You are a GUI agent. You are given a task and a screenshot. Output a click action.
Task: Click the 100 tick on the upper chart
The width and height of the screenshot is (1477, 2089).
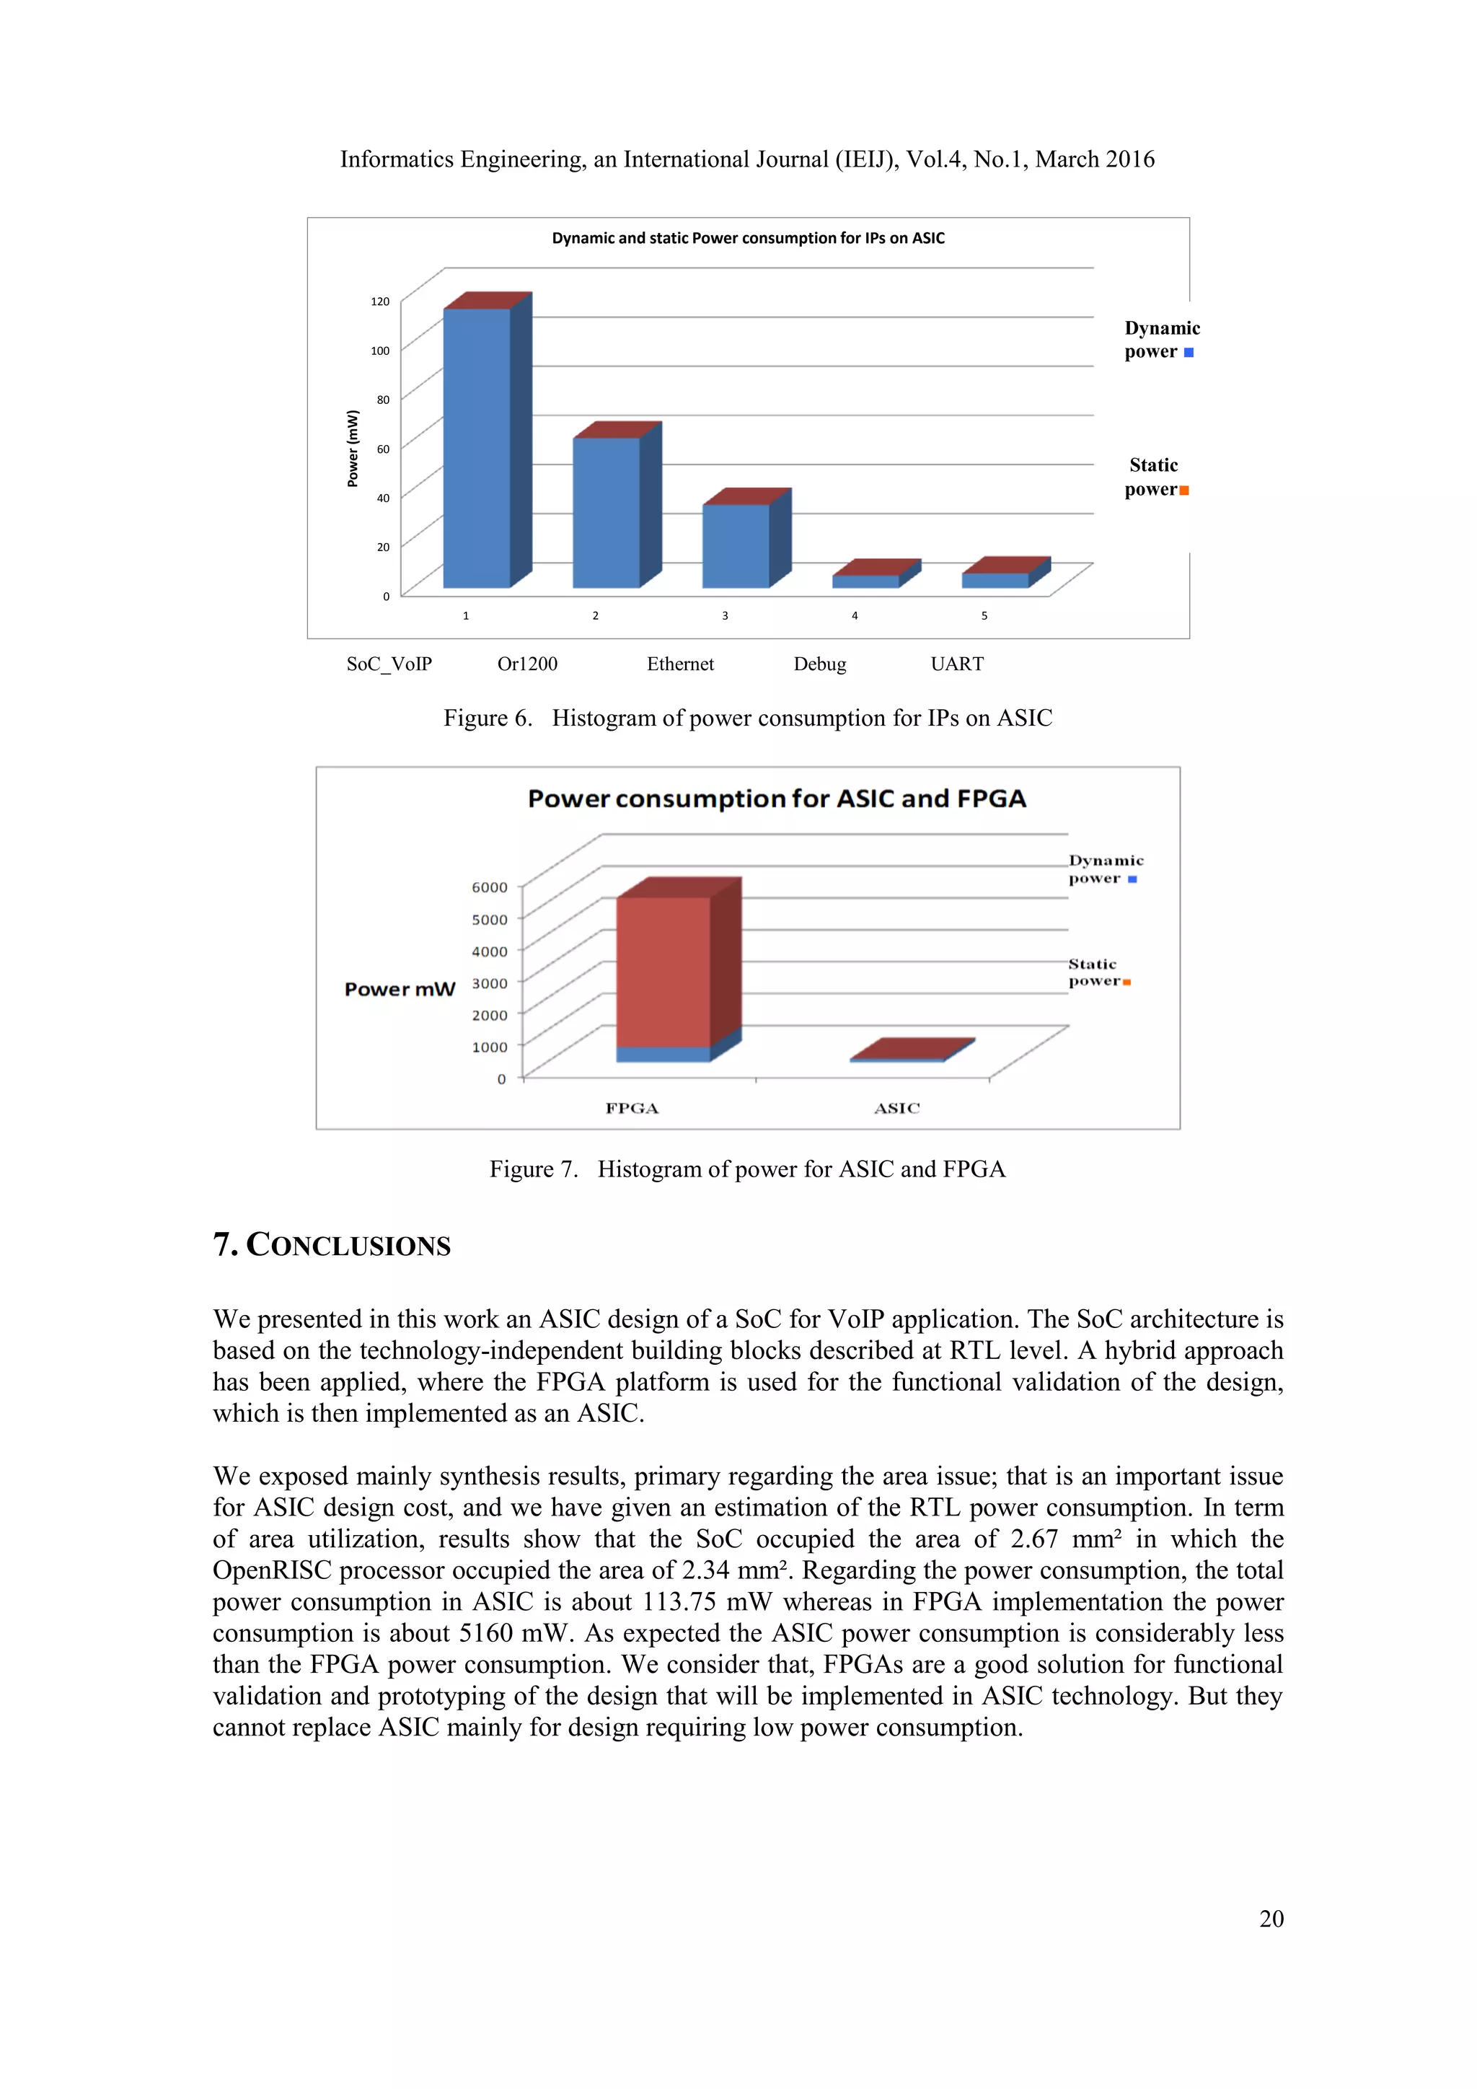tap(380, 351)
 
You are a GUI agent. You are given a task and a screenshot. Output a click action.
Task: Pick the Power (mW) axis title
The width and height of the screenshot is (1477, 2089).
tap(353, 449)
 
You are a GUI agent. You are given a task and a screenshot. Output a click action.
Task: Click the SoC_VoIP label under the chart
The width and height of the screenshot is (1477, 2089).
tap(389, 664)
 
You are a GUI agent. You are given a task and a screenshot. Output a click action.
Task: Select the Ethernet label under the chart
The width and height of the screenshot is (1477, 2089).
tap(680, 664)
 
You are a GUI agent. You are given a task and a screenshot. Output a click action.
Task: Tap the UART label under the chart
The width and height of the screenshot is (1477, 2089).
tap(957, 664)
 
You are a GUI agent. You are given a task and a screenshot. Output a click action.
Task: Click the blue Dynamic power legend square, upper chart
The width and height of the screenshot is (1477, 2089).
tap(1189, 353)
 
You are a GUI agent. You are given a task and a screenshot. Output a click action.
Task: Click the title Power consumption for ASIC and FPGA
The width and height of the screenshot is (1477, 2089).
tap(777, 799)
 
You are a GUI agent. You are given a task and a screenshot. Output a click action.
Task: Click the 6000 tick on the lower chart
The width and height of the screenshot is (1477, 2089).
tap(489, 887)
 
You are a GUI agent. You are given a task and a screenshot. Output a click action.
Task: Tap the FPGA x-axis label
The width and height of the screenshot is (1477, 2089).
tap(632, 1108)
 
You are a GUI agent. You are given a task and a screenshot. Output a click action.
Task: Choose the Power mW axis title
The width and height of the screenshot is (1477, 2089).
tap(400, 989)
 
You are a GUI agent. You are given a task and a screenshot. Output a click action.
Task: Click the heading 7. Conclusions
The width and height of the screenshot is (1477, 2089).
tap(332, 1244)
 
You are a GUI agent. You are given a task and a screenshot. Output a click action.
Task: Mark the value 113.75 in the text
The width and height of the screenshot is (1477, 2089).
tap(680, 1601)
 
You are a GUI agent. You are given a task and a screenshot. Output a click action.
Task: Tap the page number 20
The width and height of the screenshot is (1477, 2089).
tap(1271, 1918)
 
